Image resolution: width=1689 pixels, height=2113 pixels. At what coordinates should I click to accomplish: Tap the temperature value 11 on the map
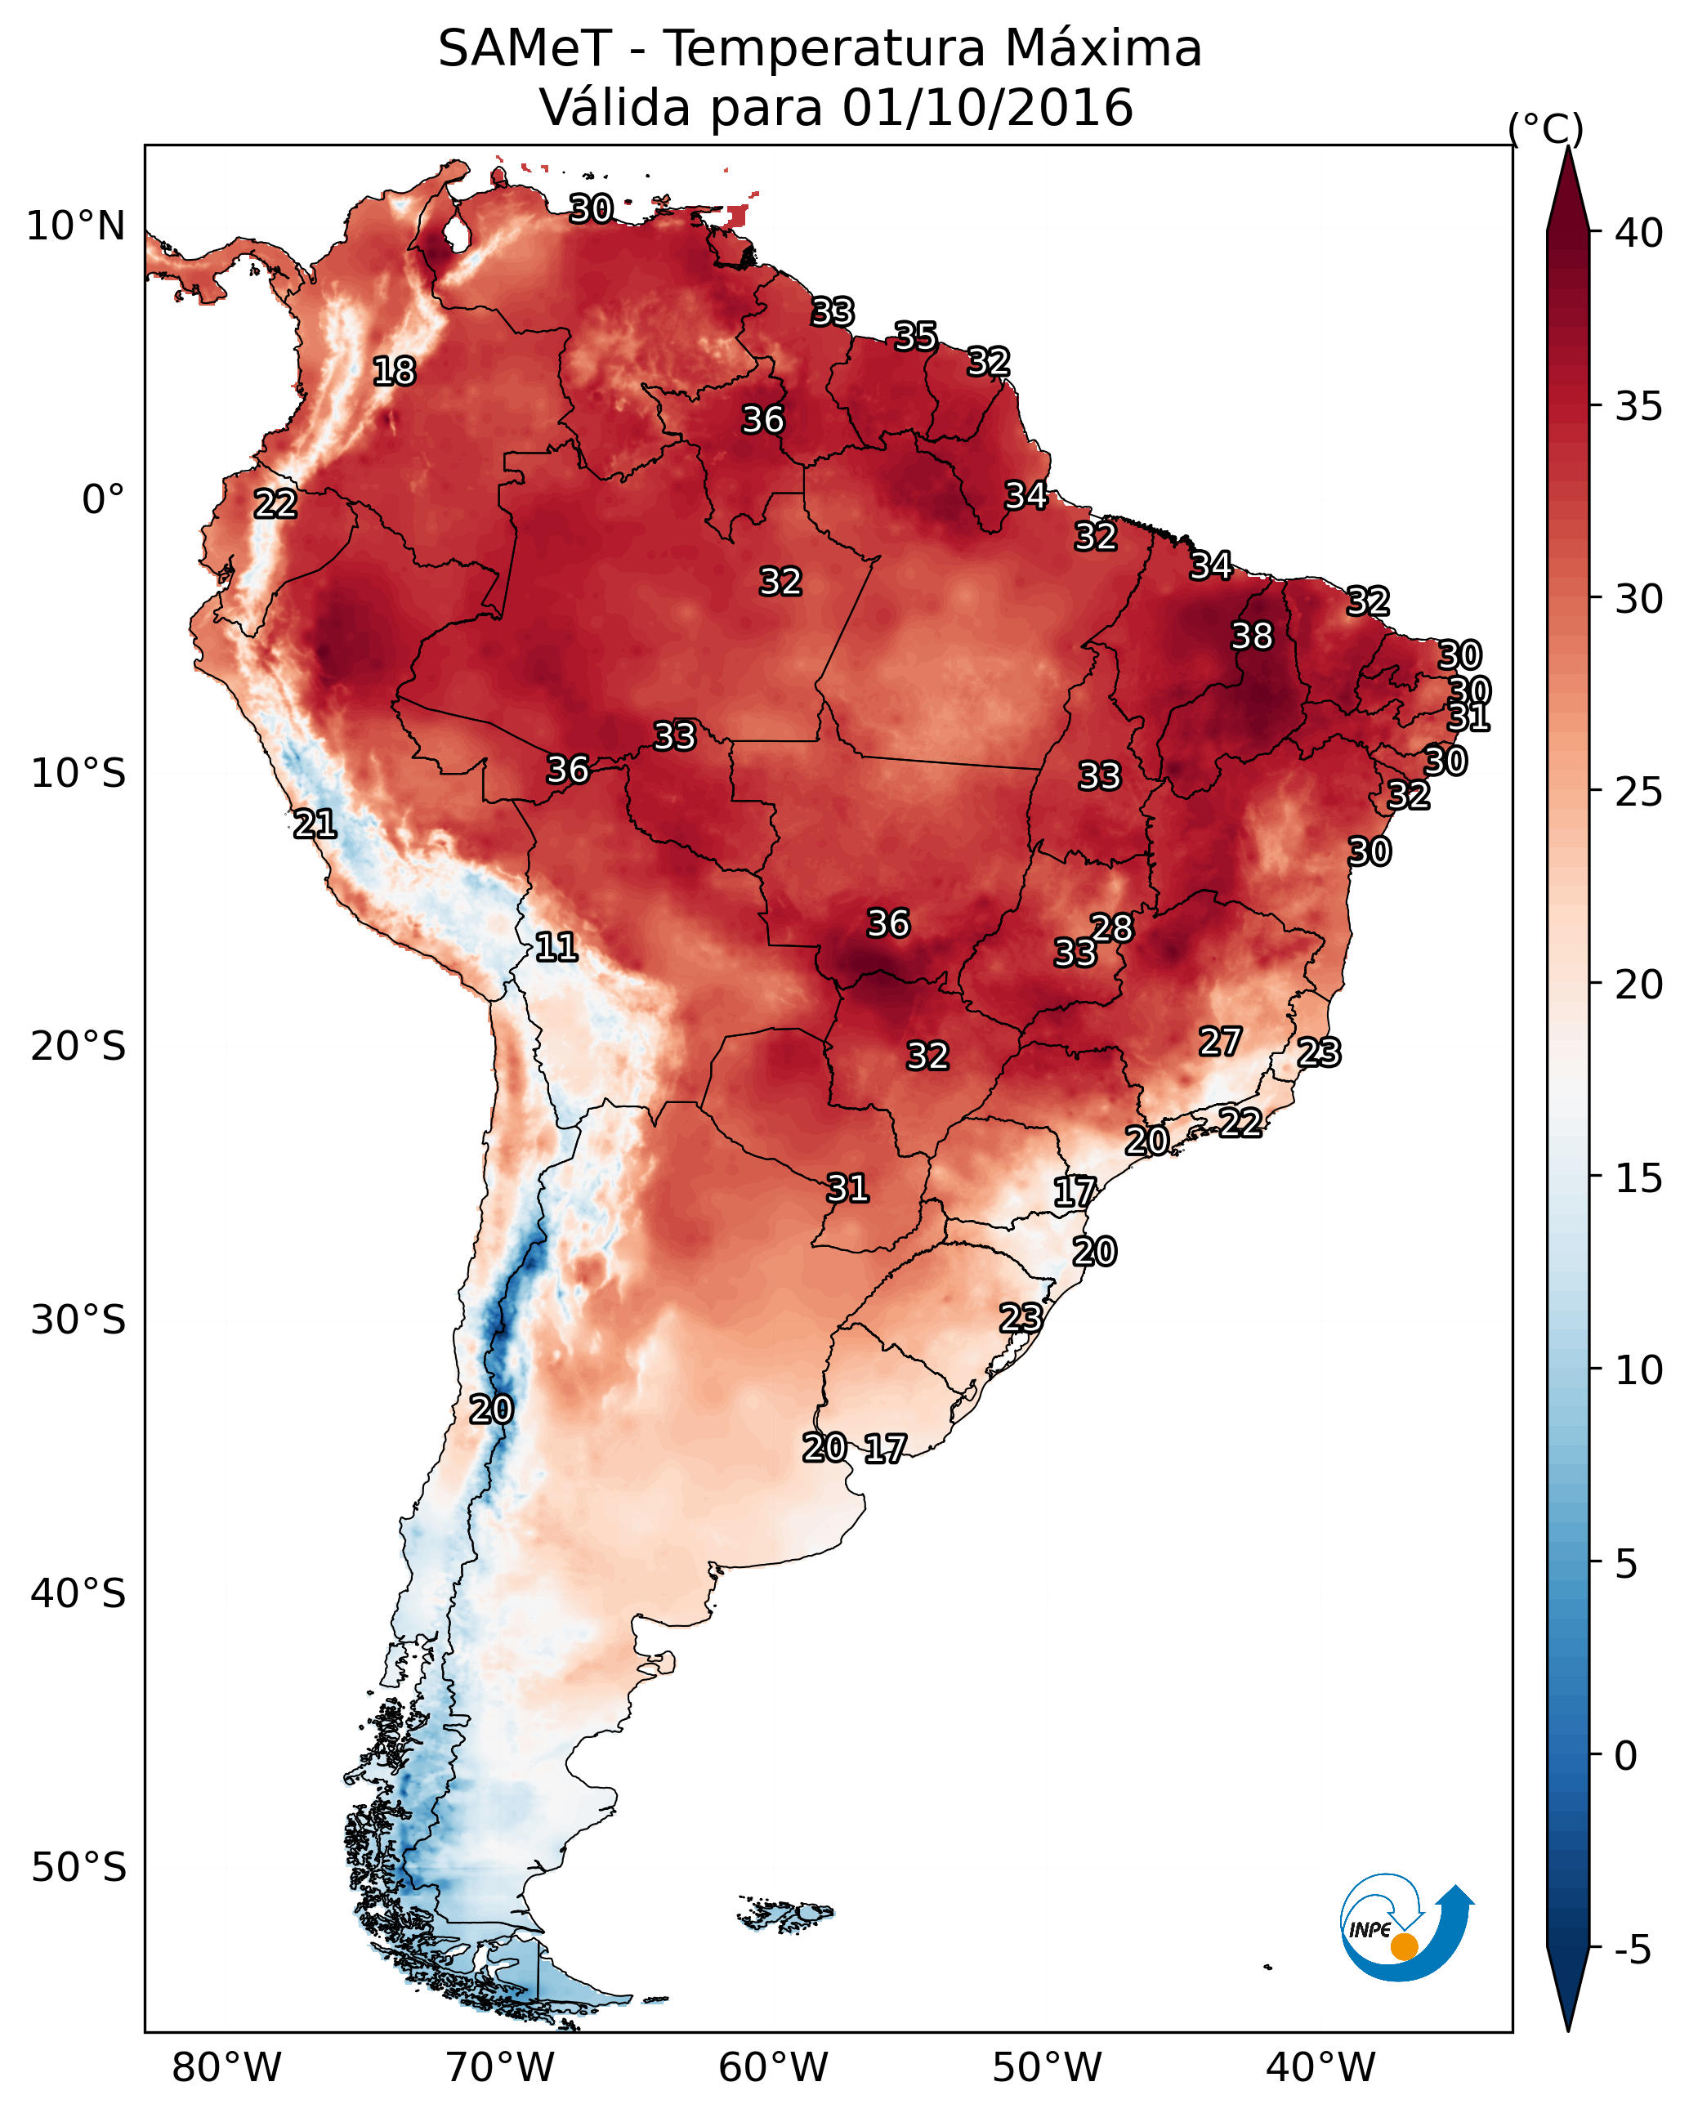[556, 947]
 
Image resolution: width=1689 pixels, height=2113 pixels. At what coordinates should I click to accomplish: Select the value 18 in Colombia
[394, 372]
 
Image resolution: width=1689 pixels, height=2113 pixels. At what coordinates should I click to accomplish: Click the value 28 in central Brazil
[1111, 927]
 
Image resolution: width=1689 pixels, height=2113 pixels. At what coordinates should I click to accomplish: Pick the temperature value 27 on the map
[1221, 1042]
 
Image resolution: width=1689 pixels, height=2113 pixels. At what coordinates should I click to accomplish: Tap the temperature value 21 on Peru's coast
[315, 824]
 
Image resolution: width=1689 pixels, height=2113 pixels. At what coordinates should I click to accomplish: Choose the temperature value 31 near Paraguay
[848, 1189]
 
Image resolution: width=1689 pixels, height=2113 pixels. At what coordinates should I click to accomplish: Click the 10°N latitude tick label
[75, 226]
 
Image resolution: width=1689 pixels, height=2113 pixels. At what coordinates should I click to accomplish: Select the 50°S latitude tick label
[78, 1868]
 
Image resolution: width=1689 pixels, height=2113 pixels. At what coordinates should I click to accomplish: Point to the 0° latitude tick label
[103, 500]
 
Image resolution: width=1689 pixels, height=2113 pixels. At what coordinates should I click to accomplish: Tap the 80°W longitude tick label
[226, 2067]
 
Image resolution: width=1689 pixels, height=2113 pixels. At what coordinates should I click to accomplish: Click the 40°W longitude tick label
[1320, 2067]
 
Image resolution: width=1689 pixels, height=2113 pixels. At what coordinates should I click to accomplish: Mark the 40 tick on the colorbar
[1638, 233]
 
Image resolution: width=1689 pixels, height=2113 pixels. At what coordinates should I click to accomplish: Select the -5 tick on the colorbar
[1632, 1950]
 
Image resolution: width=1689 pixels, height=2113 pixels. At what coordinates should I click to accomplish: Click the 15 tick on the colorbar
[1638, 1178]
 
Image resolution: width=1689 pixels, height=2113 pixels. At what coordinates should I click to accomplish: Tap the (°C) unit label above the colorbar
[1545, 128]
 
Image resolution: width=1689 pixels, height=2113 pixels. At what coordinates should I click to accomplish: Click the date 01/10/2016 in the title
[987, 108]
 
